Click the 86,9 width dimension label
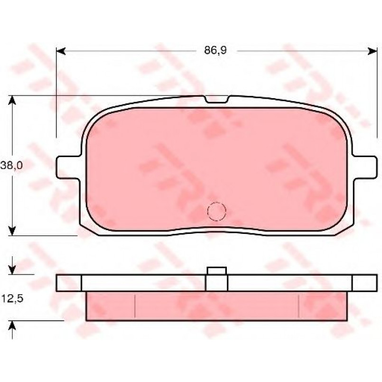tap(215, 50)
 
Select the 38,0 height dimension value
tap(11, 166)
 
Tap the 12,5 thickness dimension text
tap(12, 298)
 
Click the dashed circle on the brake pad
tap(216, 212)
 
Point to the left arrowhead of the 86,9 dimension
tap(61, 51)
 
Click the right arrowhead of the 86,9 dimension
tap(372, 51)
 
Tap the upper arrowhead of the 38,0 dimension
tap(12, 100)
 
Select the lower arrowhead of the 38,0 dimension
tap(12, 231)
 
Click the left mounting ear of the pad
tap(68, 168)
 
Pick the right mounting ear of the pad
tap(365, 168)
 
